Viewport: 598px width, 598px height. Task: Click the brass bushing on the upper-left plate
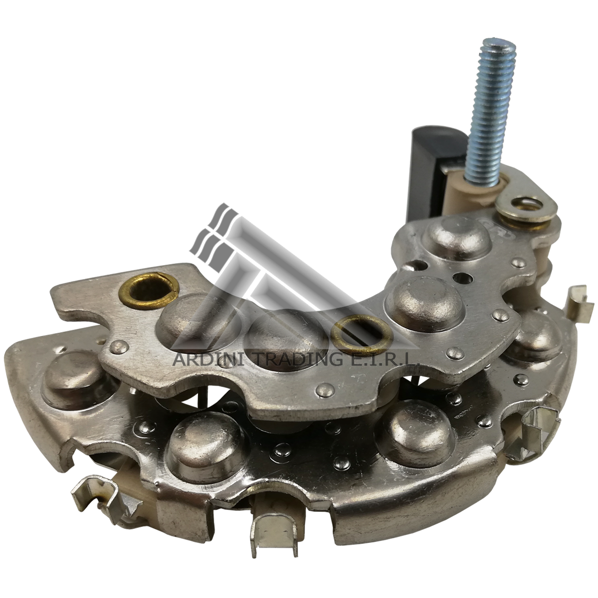click(149, 287)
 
